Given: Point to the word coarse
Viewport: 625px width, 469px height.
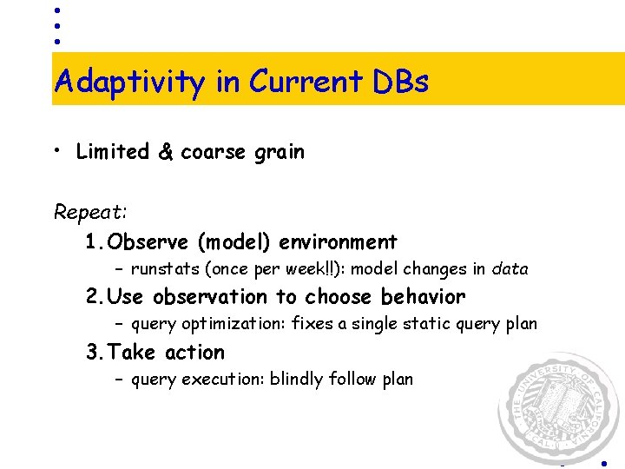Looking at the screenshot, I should coord(214,153).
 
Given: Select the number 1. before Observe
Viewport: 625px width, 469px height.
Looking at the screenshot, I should coord(95,241).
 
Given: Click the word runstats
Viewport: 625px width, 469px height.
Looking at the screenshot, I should coord(164,269).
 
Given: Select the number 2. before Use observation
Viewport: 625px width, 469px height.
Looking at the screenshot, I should coord(96,297).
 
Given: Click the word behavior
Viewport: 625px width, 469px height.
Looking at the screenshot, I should coord(423,297).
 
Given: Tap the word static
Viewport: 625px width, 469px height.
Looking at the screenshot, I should coord(431,324).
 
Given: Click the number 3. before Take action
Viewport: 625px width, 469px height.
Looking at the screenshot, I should coord(95,353).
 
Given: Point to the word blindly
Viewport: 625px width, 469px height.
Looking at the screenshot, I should coord(296,380).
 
